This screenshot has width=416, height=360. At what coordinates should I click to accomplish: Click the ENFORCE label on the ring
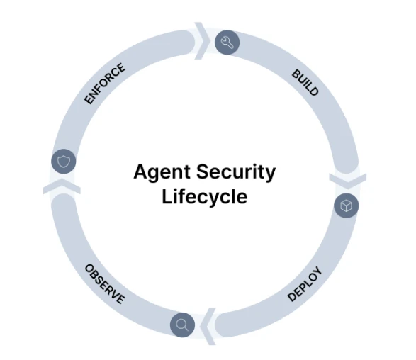(x=105, y=84)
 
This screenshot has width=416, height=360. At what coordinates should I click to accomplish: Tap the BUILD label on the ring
(x=305, y=82)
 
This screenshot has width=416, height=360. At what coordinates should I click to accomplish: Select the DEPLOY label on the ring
(x=305, y=284)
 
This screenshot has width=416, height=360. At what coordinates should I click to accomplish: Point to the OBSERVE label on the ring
(x=105, y=284)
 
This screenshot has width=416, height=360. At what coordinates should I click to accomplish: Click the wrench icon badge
(x=227, y=43)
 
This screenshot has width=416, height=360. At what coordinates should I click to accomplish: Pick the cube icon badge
(x=347, y=206)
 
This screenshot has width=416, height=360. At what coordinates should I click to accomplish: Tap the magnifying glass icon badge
(x=182, y=325)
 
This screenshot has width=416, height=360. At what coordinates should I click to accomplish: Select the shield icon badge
(x=64, y=162)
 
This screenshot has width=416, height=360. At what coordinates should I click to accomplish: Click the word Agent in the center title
(x=162, y=173)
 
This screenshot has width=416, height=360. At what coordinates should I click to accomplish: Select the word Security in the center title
(x=236, y=173)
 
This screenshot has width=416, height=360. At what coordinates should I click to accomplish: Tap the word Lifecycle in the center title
(x=205, y=197)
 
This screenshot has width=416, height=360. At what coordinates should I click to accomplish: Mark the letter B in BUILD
(x=296, y=74)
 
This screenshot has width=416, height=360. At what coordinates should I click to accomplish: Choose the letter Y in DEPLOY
(x=317, y=271)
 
